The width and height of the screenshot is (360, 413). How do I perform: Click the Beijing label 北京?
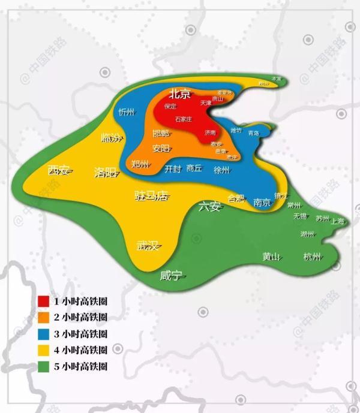(x=179, y=94)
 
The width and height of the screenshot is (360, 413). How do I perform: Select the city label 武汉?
(x=147, y=246)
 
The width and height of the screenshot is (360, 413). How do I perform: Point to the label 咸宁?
(x=171, y=276)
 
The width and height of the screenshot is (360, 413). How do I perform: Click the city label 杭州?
(x=313, y=257)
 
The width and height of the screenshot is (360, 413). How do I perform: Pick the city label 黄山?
(x=271, y=257)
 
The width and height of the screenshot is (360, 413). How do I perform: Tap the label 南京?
(x=262, y=202)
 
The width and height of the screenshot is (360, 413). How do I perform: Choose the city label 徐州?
(x=221, y=170)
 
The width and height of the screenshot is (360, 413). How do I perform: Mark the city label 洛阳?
(x=105, y=173)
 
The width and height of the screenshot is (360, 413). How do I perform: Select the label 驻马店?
(x=151, y=196)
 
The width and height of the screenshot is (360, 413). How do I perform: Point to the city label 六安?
(x=209, y=207)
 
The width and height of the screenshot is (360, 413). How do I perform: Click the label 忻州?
(x=127, y=112)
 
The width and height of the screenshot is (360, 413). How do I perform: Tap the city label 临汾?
(x=110, y=138)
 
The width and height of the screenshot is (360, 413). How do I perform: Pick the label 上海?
(x=338, y=221)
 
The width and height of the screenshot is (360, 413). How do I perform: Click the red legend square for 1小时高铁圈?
(x=43, y=300)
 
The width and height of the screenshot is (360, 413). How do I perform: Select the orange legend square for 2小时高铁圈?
(x=43, y=316)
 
